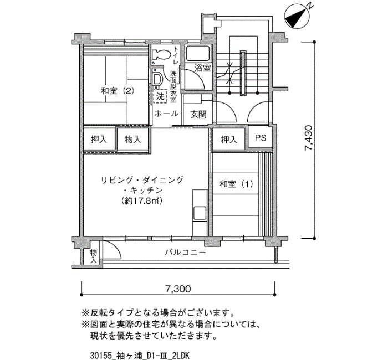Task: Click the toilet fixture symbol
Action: (x=161, y=55)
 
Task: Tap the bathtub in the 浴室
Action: (x=198, y=53)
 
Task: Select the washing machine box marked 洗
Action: (x=160, y=96)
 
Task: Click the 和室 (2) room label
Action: (x=118, y=91)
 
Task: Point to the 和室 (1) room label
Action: (x=236, y=184)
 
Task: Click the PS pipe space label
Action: (x=261, y=138)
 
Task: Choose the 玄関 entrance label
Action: (x=198, y=114)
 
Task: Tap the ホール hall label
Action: (x=166, y=114)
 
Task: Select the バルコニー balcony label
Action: (x=185, y=253)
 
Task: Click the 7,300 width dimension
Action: (x=178, y=289)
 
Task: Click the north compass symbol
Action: (x=297, y=17)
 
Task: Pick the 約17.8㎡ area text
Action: (x=142, y=200)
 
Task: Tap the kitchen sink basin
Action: (x=200, y=213)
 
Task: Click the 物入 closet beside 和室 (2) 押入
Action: (x=132, y=140)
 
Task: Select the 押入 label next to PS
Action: (x=229, y=140)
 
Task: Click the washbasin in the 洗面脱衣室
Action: (x=157, y=79)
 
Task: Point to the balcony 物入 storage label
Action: (x=93, y=256)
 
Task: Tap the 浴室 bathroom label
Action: (x=202, y=68)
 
